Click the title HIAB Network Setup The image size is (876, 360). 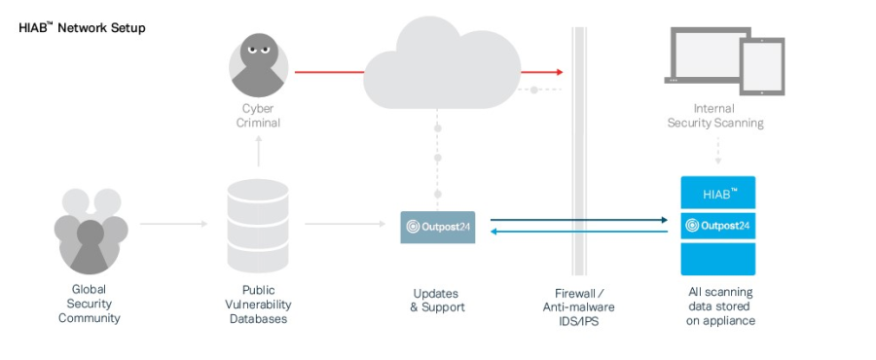tap(82, 28)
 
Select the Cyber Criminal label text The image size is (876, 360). tap(259, 116)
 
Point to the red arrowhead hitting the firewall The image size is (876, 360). tap(558, 72)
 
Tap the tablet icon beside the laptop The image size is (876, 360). tap(762, 65)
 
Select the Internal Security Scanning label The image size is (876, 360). tap(715, 116)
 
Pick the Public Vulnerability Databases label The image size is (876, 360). tap(258, 304)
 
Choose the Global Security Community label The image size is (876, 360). tap(89, 304)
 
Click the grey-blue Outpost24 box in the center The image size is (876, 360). tap(438, 227)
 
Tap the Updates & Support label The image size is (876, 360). tap(437, 300)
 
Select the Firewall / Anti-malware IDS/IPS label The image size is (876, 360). tap(578, 306)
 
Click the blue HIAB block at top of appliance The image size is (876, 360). tap(718, 194)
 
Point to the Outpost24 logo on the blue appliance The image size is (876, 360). tap(718, 227)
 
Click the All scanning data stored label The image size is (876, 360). tap(719, 306)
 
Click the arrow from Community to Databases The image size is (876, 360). tap(173, 225)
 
